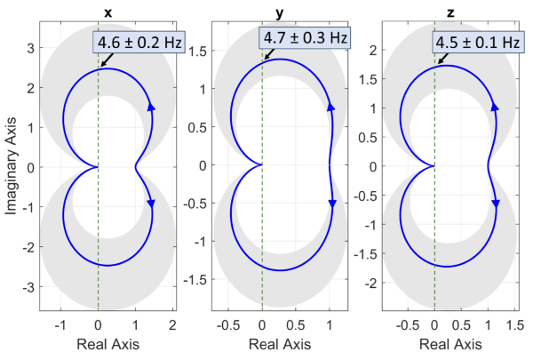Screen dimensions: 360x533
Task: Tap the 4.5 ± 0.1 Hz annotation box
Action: pos(476,43)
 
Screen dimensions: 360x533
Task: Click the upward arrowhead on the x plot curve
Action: pos(151,107)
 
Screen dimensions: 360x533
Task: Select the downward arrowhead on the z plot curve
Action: pos(496,204)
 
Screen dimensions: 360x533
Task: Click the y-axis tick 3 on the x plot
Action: pos(30,49)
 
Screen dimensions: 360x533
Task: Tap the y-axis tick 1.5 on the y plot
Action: pos(200,52)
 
